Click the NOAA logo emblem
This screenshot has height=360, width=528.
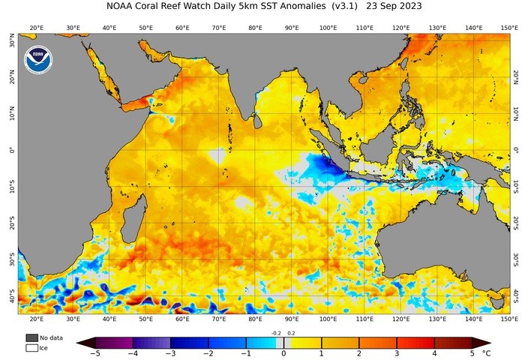pos(37,60)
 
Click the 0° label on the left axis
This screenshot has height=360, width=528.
pos(11,151)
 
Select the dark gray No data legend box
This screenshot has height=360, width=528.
pos(31,337)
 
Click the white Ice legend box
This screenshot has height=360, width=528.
pos(31,347)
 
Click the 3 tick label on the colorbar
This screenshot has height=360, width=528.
pos(397,352)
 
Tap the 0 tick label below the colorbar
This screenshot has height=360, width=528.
pos(283,352)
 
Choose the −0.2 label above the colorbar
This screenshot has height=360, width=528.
pos(275,332)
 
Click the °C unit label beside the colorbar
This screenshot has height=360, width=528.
pos(486,352)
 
